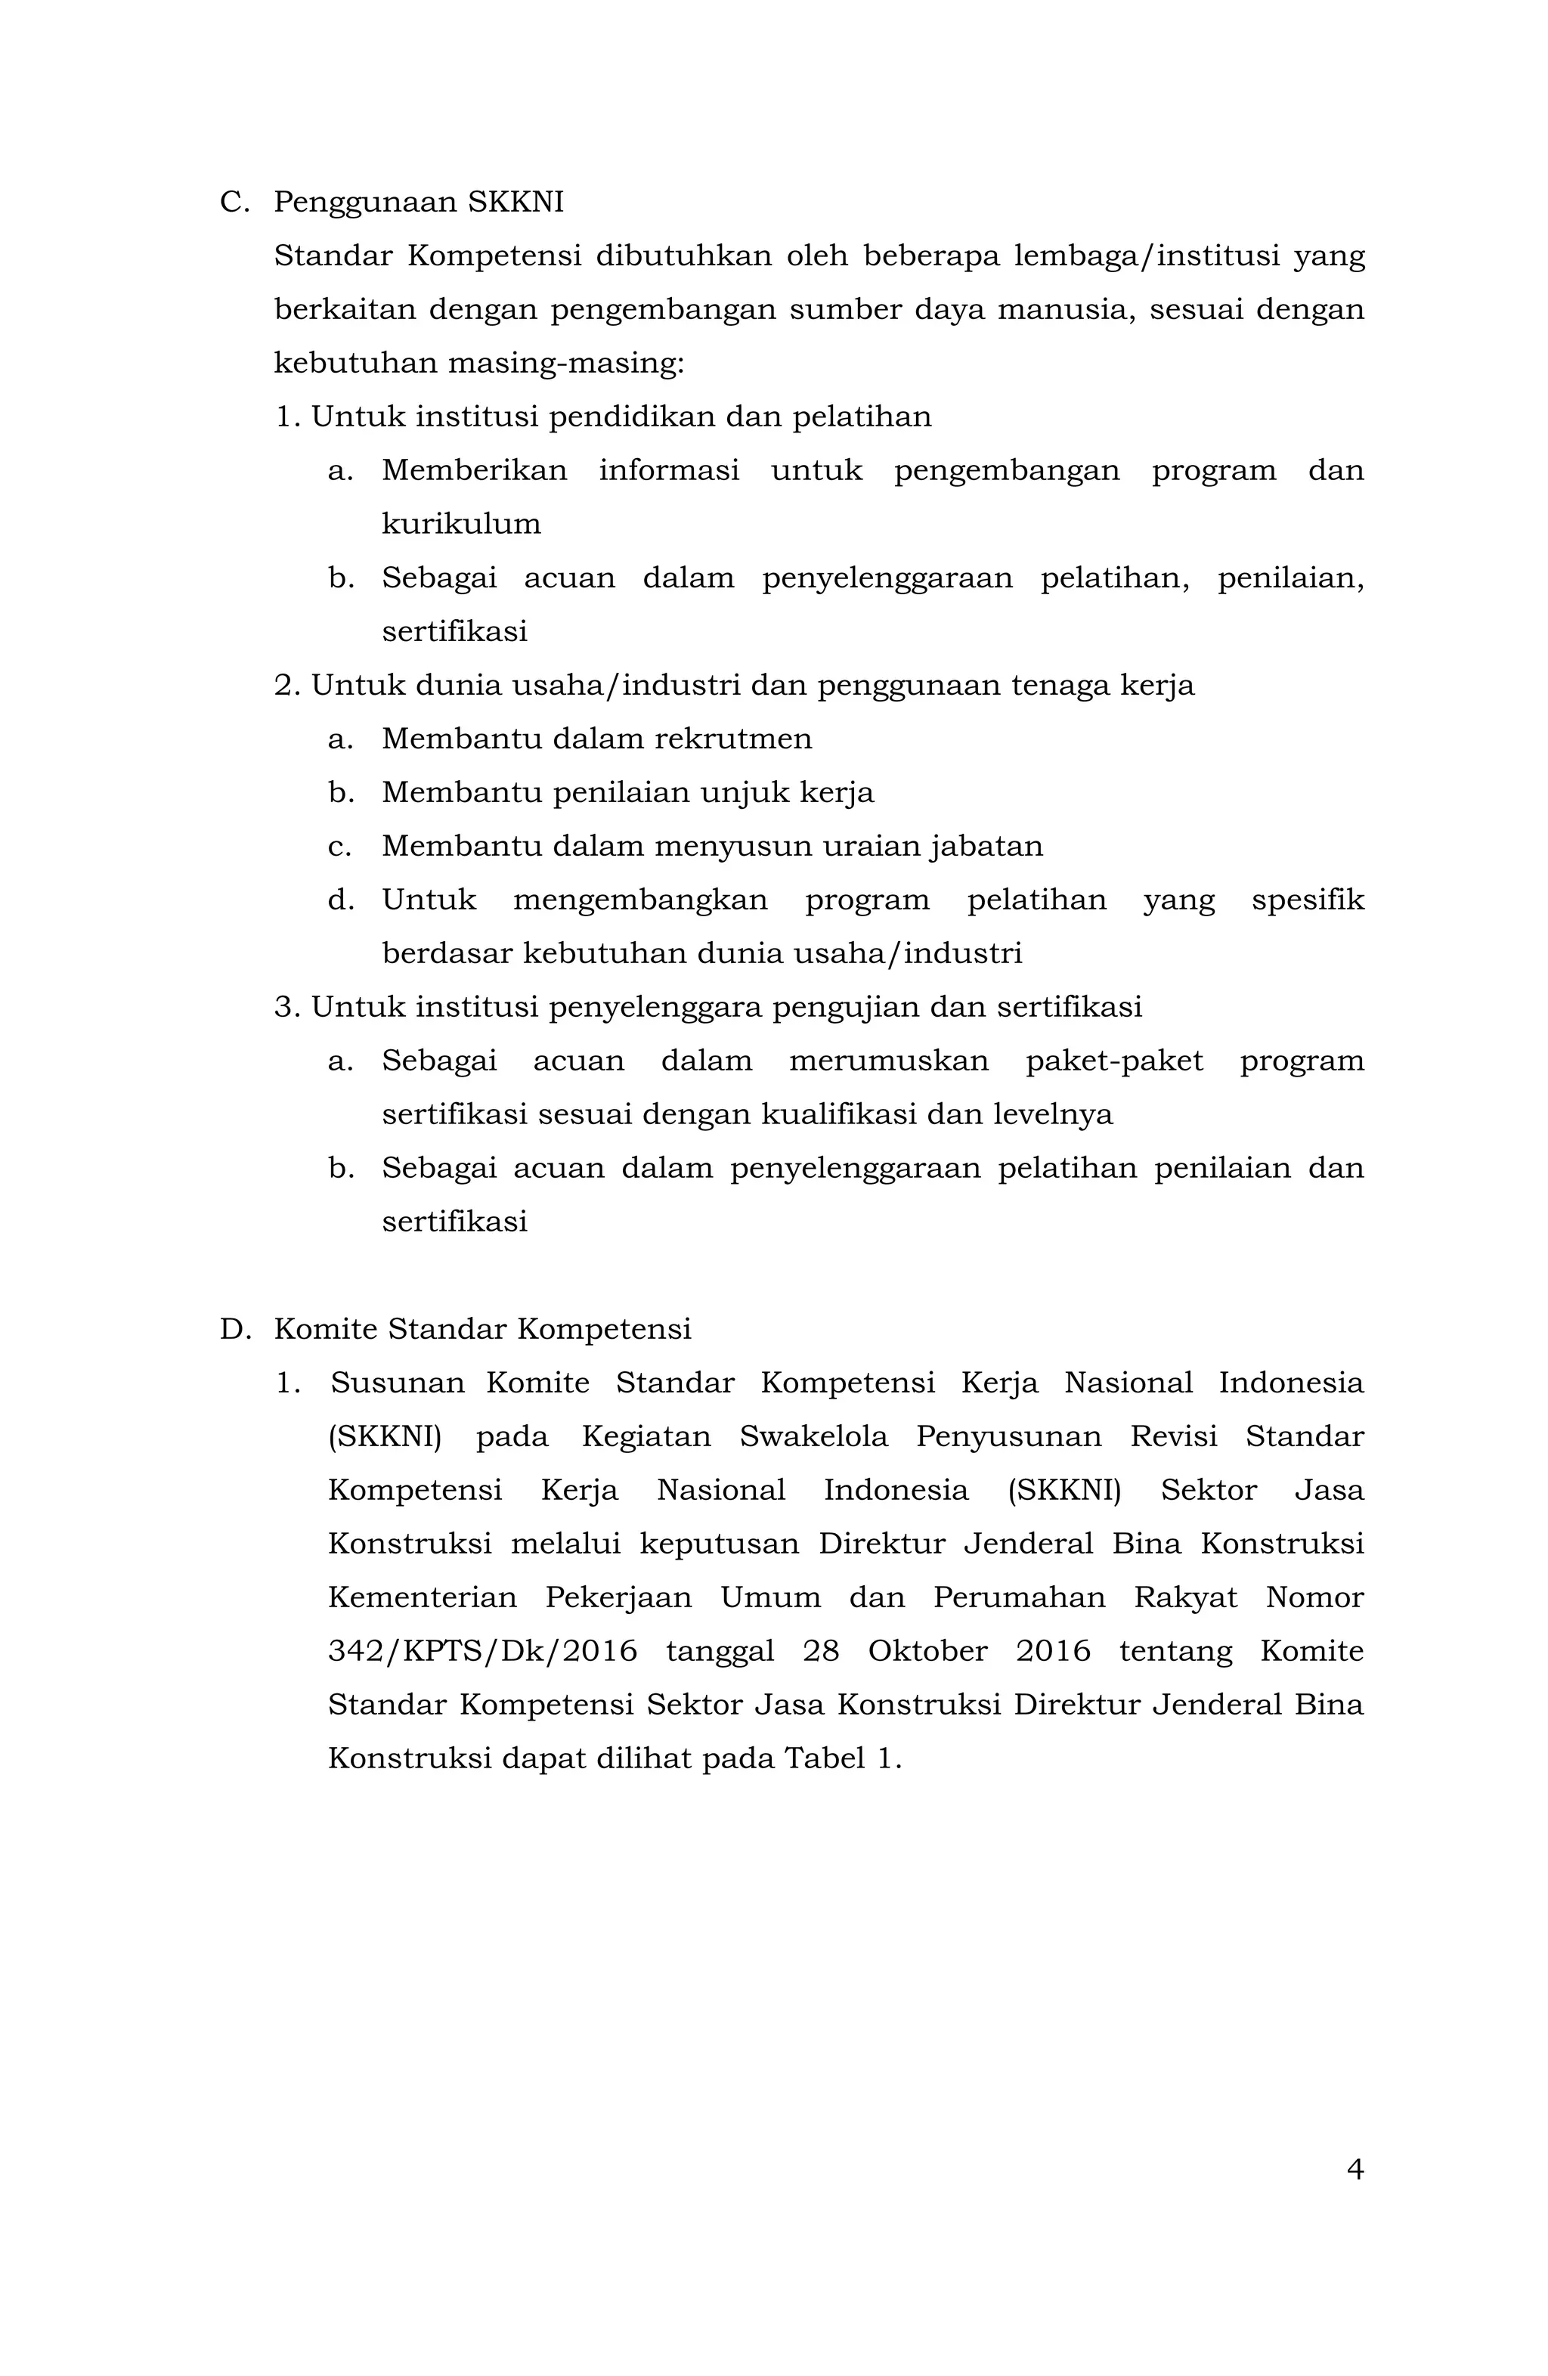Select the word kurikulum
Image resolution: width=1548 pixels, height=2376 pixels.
[461, 524]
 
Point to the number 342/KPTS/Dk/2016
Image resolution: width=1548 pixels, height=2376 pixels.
[482, 1651]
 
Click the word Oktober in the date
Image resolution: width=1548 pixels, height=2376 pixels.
[927, 1651]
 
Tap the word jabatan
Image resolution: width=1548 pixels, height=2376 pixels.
[986, 847]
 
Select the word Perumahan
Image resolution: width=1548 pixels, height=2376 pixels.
[1019, 1597]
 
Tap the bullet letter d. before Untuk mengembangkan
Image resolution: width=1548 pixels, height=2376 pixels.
[340, 900]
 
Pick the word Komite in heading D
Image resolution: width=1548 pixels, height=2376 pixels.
[325, 1330]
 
